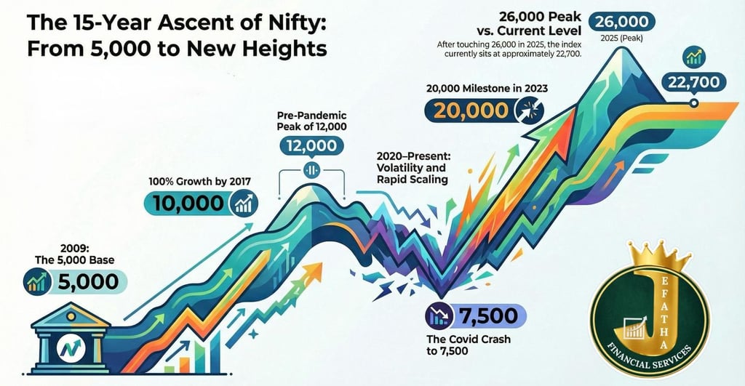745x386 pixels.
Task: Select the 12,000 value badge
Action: tap(311, 145)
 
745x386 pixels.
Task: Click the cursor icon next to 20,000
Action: tap(525, 110)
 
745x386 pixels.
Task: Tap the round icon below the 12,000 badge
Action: tap(311, 172)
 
